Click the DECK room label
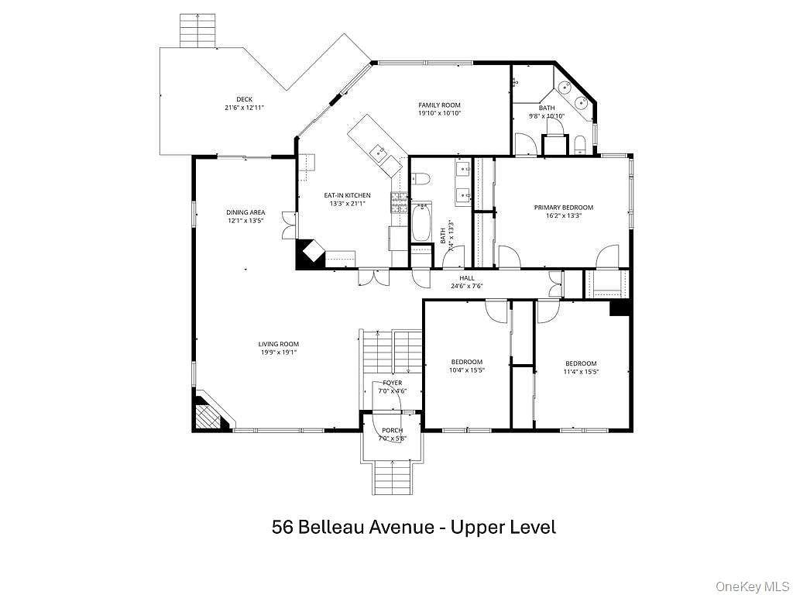click(x=245, y=99)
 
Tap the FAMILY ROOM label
click(x=439, y=105)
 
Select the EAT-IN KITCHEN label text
click(x=347, y=195)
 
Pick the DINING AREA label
click(x=245, y=212)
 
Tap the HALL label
click(x=466, y=278)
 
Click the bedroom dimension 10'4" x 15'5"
click(x=467, y=371)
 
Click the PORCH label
click(x=392, y=430)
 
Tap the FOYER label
click(x=392, y=383)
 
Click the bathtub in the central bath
click(x=421, y=222)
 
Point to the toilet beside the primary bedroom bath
click(x=579, y=143)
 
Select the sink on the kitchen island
click(x=378, y=151)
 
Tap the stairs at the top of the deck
click(x=195, y=31)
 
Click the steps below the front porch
click(x=393, y=477)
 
